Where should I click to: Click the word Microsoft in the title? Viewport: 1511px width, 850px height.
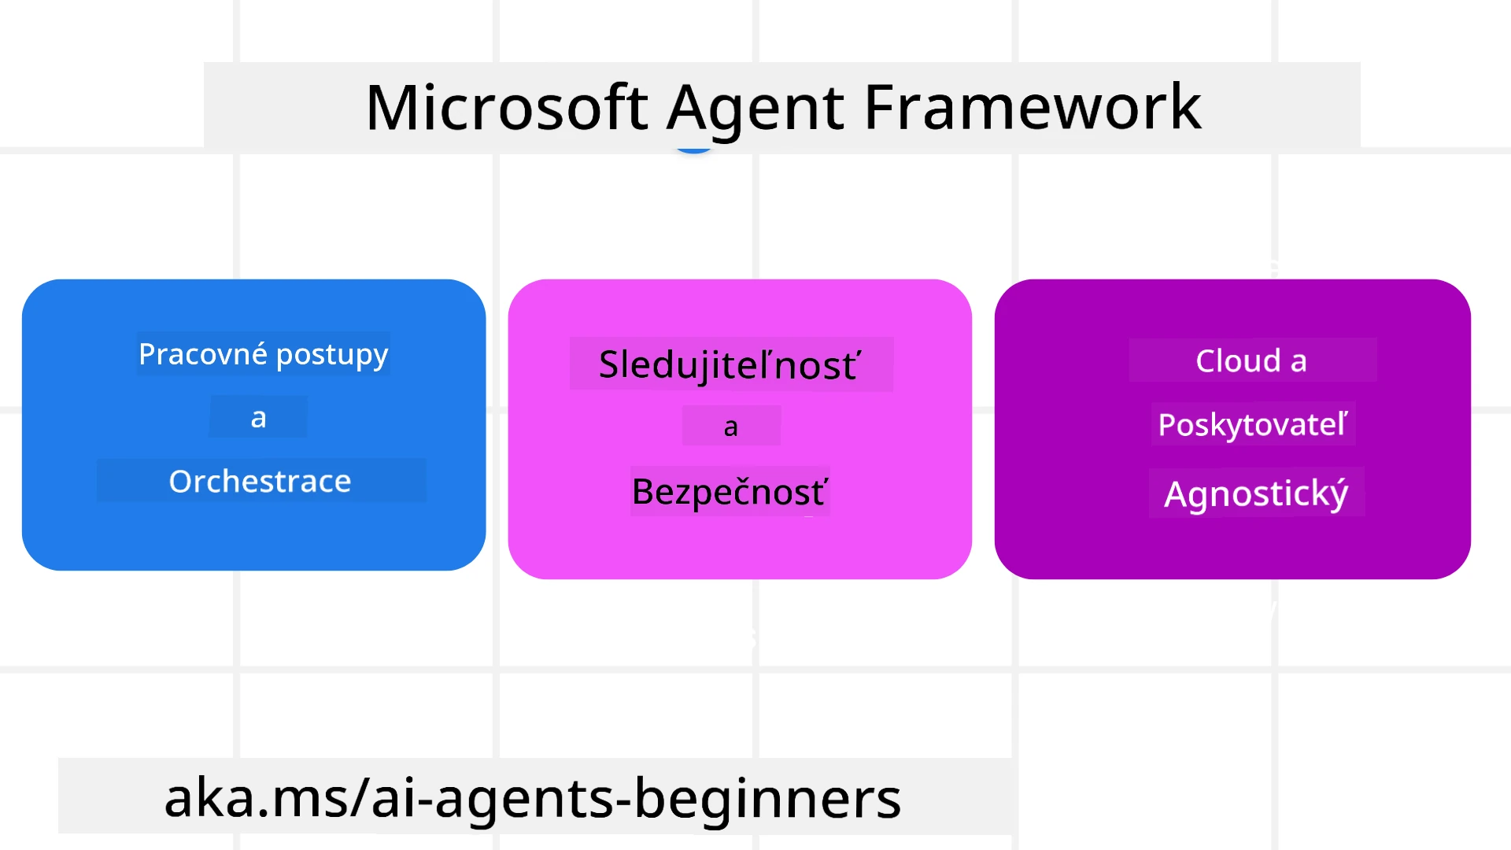coord(507,108)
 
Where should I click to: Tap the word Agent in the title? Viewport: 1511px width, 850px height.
coord(755,108)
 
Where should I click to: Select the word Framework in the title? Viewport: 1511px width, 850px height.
coord(1033,108)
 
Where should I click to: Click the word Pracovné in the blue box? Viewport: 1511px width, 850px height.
coord(203,354)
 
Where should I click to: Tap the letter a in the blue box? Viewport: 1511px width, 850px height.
coord(258,418)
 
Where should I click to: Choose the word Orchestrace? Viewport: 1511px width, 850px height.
coord(260,481)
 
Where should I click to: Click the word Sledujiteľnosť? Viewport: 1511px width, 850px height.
coord(730,365)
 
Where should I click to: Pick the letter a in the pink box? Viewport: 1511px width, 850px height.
coord(730,427)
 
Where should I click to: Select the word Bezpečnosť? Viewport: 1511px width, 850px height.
coord(730,492)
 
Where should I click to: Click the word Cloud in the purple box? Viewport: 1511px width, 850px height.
coord(1239,360)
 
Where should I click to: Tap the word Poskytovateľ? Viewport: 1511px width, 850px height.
coord(1252,425)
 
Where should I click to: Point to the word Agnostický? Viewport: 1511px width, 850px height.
coord(1256,494)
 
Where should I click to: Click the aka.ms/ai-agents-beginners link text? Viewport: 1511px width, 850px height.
coord(532,798)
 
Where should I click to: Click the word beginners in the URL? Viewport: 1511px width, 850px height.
coord(767,798)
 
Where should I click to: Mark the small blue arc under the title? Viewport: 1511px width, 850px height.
coord(694,150)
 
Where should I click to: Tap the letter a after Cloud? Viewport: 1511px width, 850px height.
coord(1299,361)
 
